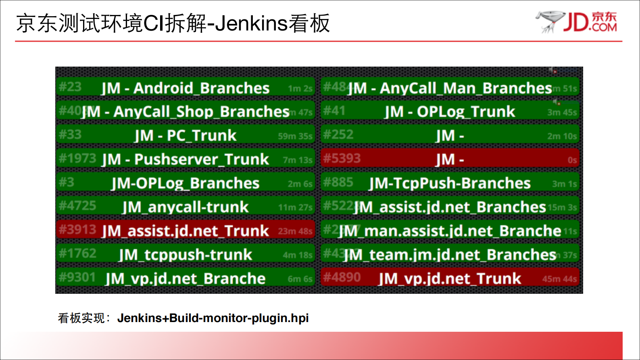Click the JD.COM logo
pyautogui.click(x=577, y=22)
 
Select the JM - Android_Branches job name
pyautogui.click(x=185, y=88)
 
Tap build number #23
pyautogui.click(x=70, y=87)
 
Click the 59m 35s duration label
pyautogui.click(x=295, y=136)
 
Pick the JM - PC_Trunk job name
pyautogui.click(x=185, y=136)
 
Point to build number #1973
pyautogui.click(x=77, y=158)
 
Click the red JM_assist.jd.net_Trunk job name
pyautogui.click(x=185, y=231)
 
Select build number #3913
pyautogui.click(x=77, y=230)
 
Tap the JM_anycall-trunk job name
pyautogui.click(x=185, y=207)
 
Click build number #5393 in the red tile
pyautogui.click(x=342, y=158)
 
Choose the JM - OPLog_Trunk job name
pyautogui.click(x=450, y=112)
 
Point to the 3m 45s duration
pyautogui.click(x=562, y=113)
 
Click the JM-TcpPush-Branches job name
pyautogui.click(x=450, y=183)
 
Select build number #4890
pyautogui.click(x=342, y=277)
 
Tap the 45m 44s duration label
pyautogui.click(x=559, y=279)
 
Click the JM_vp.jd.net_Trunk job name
pyautogui.click(x=450, y=278)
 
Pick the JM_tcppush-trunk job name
pyautogui.click(x=185, y=255)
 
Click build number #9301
pyautogui.click(x=77, y=277)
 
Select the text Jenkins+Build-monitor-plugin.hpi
pyautogui.click(x=213, y=318)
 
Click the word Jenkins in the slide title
pyautogui.click(x=251, y=23)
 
